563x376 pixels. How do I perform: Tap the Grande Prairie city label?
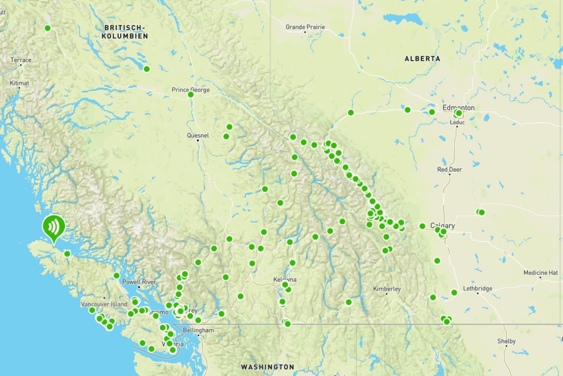coord(305,27)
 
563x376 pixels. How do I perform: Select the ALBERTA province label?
coord(422,59)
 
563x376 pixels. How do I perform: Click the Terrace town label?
coord(21,60)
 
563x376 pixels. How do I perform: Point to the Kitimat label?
coord(20,83)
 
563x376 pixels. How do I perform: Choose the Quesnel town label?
coord(198,135)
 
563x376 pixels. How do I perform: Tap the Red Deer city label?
coord(449,169)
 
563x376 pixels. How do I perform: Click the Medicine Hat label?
coord(540,273)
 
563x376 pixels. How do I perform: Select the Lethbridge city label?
coord(477,288)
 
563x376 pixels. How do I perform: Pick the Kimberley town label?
coord(387,289)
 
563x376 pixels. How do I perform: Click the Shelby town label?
coord(506,341)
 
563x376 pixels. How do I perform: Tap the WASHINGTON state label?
coord(268,367)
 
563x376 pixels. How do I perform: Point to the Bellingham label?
coord(198,330)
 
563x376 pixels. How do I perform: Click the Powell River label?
coord(139,282)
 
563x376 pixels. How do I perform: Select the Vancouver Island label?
coord(104,304)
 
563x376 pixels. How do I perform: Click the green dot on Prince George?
coord(191,94)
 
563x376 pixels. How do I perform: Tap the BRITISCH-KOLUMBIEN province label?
coord(125,32)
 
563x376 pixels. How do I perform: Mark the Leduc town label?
coord(457,122)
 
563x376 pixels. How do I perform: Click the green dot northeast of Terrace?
coord(48,28)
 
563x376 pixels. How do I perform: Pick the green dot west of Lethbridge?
coord(454,292)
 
